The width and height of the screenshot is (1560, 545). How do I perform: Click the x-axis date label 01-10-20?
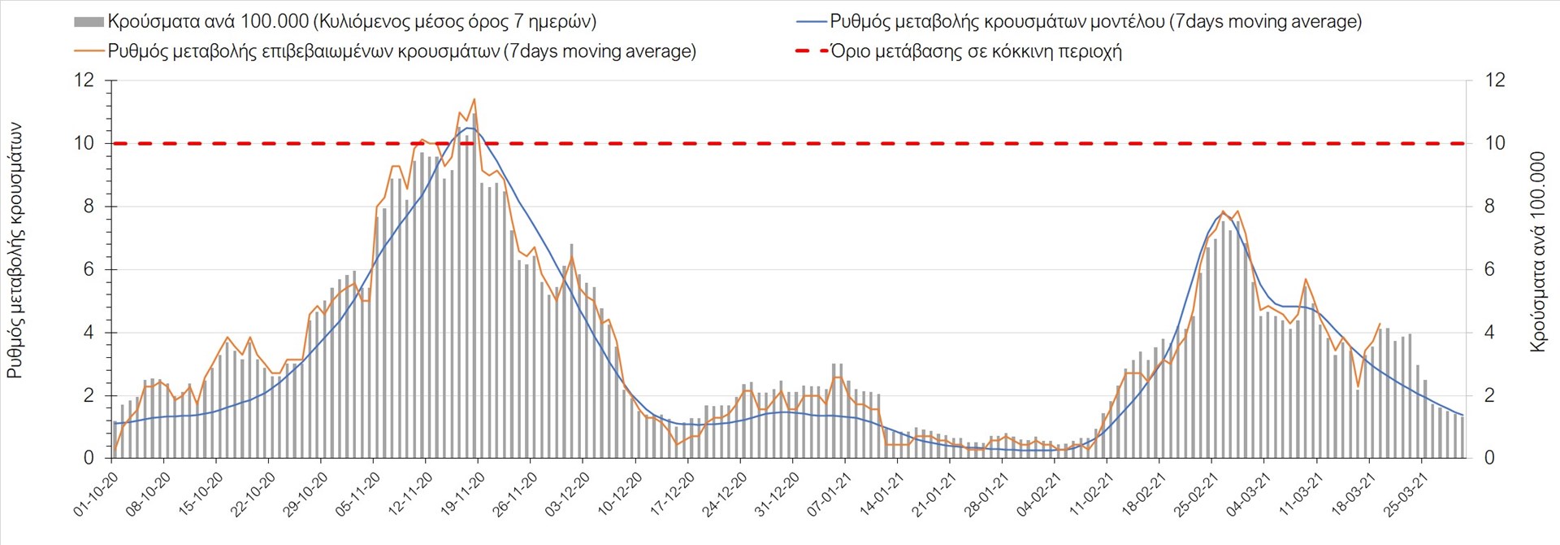tap(97, 494)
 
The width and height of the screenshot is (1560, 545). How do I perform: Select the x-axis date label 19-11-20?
tap(463, 494)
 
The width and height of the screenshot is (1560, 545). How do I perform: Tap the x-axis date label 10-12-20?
tap(620, 494)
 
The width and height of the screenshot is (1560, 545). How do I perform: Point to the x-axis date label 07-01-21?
tap(830, 494)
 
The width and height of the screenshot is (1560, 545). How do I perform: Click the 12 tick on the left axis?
tap(84, 80)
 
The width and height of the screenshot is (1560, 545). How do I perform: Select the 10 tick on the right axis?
tap(1495, 143)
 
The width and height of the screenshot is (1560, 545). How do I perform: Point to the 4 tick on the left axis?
tap(89, 333)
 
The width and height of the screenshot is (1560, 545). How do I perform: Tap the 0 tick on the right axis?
tap(1489, 458)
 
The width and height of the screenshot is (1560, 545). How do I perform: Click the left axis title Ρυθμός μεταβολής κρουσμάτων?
tap(15, 251)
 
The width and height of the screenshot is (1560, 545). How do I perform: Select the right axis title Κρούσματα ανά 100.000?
tap(1537, 251)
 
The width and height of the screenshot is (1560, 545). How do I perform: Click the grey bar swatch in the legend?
tap(89, 22)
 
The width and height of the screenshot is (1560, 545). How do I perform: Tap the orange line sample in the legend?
tap(89, 51)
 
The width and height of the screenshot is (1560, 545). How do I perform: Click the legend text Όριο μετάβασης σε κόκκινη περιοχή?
tap(976, 51)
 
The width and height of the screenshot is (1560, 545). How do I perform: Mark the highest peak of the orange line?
tap(474, 99)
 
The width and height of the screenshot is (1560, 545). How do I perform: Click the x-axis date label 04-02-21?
tap(1039, 494)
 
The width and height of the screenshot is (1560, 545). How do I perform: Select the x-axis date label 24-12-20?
tap(725, 494)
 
